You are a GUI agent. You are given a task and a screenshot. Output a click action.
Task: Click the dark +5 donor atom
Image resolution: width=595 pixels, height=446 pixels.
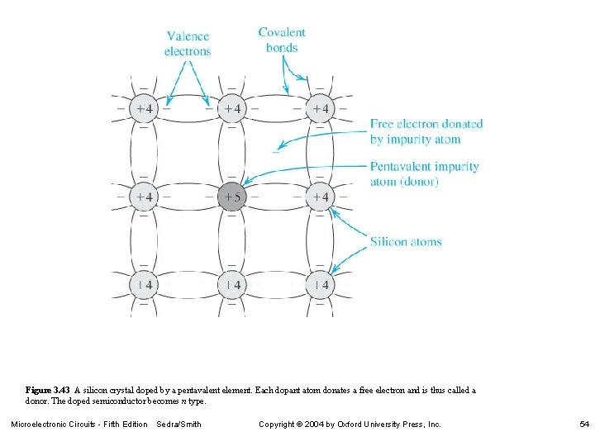pyautogui.click(x=232, y=197)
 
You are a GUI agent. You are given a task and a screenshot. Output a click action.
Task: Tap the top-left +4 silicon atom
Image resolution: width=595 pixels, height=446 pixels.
pyautogui.click(x=144, y=109)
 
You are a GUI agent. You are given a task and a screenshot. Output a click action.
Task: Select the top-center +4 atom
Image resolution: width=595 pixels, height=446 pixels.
pyautogui.click(x=232, y=109)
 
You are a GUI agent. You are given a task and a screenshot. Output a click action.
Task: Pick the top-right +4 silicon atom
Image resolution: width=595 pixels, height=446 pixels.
pyautogui.click(x=320, y=109)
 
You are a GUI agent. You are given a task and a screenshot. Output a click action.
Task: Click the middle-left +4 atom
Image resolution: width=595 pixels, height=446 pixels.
pyautogui.click(x=144, y=197)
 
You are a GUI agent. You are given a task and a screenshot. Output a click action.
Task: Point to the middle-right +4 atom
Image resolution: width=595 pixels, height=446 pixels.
pyautogui.click(x=320, y=197)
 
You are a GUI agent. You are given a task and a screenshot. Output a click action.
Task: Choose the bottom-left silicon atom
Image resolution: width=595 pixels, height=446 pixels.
pyautogui.click(x=144, y=285)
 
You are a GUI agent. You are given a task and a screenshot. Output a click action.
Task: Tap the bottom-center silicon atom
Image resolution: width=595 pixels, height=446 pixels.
pyautogui.click(x=232, y=285)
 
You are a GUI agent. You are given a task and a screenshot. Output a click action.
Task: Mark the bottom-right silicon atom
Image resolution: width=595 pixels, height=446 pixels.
pyautogui.click(x=320, y=285)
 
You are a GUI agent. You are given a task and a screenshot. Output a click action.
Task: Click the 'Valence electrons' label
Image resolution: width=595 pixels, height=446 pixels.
pyautogui.click(x=188, y=44)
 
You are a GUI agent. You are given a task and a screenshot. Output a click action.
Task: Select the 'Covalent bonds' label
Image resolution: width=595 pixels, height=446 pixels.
pyautogui.click(x=282, y=40)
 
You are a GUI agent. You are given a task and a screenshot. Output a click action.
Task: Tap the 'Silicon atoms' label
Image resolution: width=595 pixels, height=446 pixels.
pyautogui.click(x=406, y=242)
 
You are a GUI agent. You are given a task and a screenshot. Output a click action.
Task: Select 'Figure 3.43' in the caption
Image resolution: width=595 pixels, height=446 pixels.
pyautogui.click(x=49, y=390)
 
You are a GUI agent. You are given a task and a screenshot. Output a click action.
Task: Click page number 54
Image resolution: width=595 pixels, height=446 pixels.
pyautogui.click(x=584, y=425)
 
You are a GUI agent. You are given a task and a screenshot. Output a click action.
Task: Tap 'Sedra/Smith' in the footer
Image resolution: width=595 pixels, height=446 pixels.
pyautogui.click(x=178, y=425)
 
